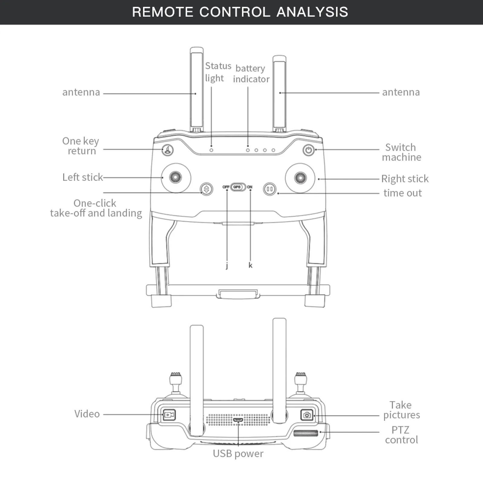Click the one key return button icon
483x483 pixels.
pos(168,150)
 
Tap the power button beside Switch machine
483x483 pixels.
pos(309,150)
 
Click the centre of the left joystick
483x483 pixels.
pos(176,178)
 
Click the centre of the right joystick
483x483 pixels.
pos(300,178)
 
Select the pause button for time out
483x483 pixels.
pos(270,189)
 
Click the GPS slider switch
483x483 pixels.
pos(238,187)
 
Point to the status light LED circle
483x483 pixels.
pos(211,150)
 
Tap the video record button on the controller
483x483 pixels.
pos(169,415)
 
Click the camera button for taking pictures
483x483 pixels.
pos(307,415)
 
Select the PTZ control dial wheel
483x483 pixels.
pos(306,433)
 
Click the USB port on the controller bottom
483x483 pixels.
pos(238,420)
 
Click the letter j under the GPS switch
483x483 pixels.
pos(227,265)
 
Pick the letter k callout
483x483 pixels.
pos(250,265)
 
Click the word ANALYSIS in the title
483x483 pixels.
pos(312,12)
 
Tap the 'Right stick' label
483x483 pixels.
pos(405,179)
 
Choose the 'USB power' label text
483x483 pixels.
pos(238,453)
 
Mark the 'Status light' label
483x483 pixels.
pos(218,72)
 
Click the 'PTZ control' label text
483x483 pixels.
pos(401,435)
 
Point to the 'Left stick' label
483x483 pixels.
pos(82,177)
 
